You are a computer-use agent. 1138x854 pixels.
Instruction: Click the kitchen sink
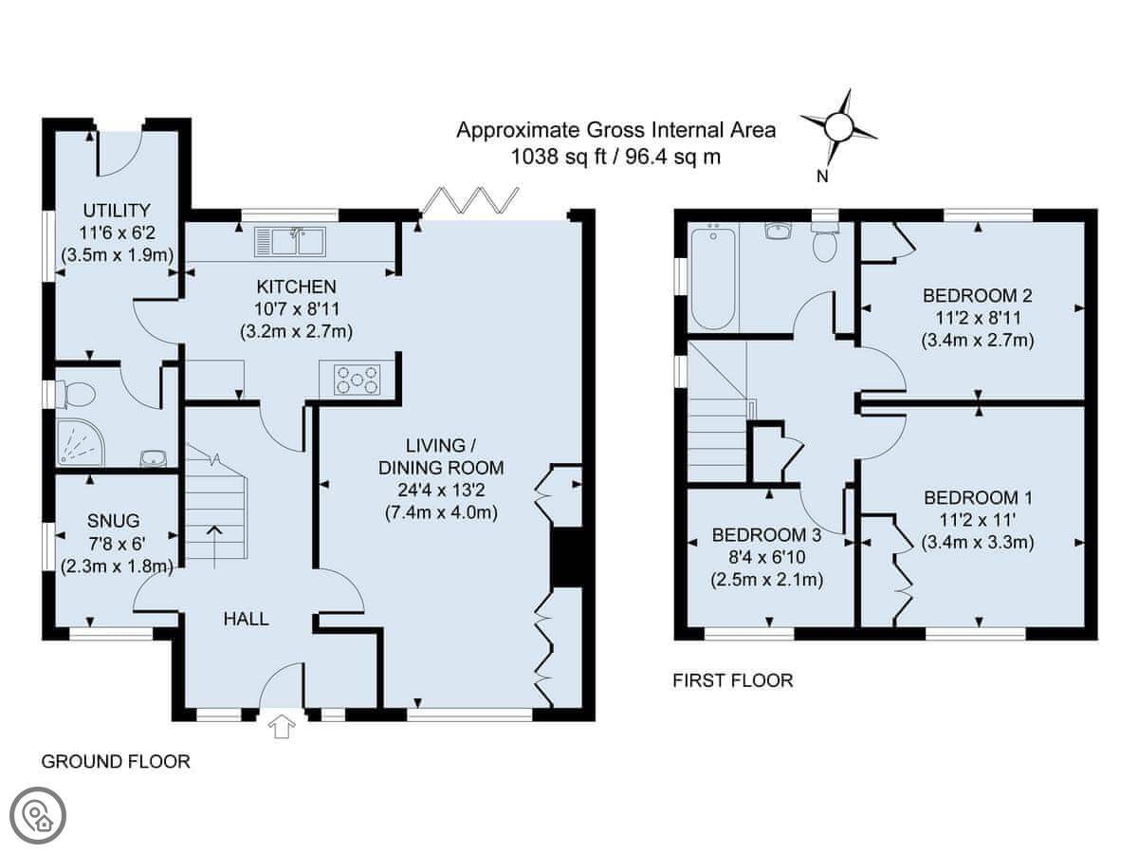[290, 242]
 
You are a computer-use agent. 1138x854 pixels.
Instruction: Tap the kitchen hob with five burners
[357, 380]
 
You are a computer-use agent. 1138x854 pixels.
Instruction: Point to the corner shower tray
[81, 442]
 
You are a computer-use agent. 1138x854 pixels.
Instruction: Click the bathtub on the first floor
[713, 278]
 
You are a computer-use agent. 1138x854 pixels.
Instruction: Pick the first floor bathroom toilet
[824, 243]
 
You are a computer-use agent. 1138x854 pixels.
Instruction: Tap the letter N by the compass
[822, 176]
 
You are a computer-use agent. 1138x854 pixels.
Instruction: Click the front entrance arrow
[282, 726]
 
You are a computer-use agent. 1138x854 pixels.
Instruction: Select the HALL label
[246, 619]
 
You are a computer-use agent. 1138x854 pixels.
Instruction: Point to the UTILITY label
[117, 211]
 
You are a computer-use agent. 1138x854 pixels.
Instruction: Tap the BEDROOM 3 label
[767, 534]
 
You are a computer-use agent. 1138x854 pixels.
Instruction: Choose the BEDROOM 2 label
[978, 295]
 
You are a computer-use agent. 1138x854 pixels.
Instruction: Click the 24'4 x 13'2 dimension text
[441, 490]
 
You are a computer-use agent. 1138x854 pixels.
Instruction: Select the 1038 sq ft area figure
[559, 156]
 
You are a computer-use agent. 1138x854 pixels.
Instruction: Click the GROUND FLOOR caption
[116, 762]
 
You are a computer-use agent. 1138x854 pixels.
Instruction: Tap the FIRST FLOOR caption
[733, 680]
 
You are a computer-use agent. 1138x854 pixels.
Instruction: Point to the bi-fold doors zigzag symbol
[470, 200]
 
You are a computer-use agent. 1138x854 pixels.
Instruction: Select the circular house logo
[38, 815]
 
